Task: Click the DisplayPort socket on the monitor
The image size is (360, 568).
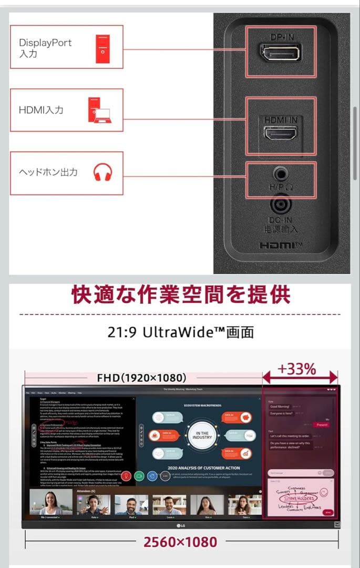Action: [280, 53]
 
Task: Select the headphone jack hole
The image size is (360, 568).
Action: [281, 172]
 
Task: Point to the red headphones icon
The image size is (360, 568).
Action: [102, 173]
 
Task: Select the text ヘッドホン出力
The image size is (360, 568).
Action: [48, 173]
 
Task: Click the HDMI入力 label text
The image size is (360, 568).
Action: [41, 110]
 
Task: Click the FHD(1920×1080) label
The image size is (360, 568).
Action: [142, 378]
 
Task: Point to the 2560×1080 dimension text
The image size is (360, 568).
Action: [180, 542]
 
